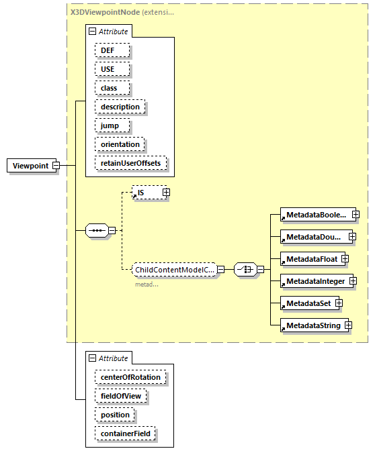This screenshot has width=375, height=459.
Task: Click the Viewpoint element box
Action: (x=30, y=166)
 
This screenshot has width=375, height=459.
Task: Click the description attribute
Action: (x=120, y=107)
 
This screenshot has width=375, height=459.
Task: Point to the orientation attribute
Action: (x=120, y=144)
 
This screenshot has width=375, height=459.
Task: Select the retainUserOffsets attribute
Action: (x=131, y=163)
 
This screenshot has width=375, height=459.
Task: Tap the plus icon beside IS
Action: (x=166, y=193)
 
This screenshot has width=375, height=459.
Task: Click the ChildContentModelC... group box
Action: (x=174, y=270)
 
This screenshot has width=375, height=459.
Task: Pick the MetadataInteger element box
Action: (x=313, y=280)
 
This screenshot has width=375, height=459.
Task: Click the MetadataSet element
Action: (x=307, y=303)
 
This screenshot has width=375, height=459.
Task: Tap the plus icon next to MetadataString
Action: (x=348, y=325)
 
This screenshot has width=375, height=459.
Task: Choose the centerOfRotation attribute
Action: (x=130, y=377)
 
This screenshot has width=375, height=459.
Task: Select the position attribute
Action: (x=115, y=415)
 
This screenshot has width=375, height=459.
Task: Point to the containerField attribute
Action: (x=126, y=433)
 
